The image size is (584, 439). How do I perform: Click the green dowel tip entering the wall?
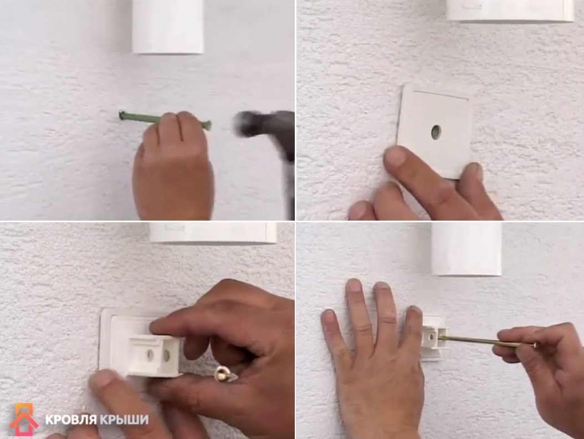[121, 115]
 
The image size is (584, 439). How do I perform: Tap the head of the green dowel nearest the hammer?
[208, 125]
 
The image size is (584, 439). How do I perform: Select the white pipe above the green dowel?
[168, 26]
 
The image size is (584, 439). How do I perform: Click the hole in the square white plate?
[436, 132]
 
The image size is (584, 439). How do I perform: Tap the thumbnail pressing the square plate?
[395, 155]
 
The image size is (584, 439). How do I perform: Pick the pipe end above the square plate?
[510, 11]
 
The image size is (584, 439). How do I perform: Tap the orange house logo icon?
[24, 419]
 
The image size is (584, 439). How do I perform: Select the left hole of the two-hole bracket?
[150, 355]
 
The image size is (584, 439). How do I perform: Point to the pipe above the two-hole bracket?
[213, 233]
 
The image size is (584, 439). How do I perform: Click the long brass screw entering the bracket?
[484, 340]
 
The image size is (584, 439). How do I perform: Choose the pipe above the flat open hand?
[467, 249]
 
